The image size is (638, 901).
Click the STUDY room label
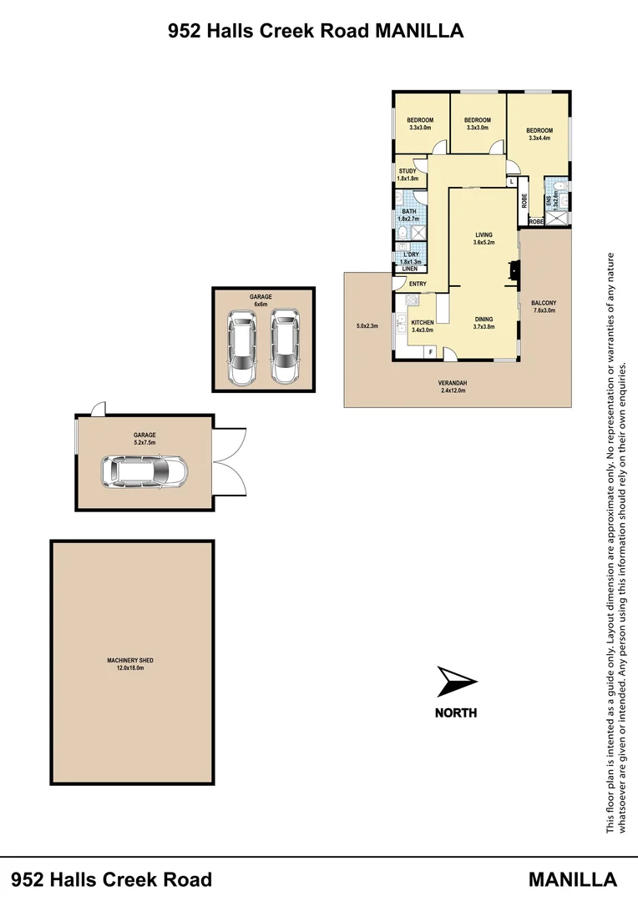click(x=407, y=171)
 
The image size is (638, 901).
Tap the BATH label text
click(x=408, y=212)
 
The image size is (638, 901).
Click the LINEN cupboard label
click(x=409, y=269)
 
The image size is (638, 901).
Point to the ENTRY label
click(x=418, y=284)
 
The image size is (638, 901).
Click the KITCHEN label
click(x=422, y=322)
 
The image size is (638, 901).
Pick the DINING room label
click(x=484, y=320)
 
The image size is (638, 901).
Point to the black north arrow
click(x=456, y=682)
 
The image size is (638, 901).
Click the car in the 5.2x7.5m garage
click(x=144, y=473)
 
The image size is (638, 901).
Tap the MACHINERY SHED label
click(x=130, y=661)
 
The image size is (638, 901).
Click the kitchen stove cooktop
click(x=411, y=299)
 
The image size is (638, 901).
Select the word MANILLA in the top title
click(x=419, y=32)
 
